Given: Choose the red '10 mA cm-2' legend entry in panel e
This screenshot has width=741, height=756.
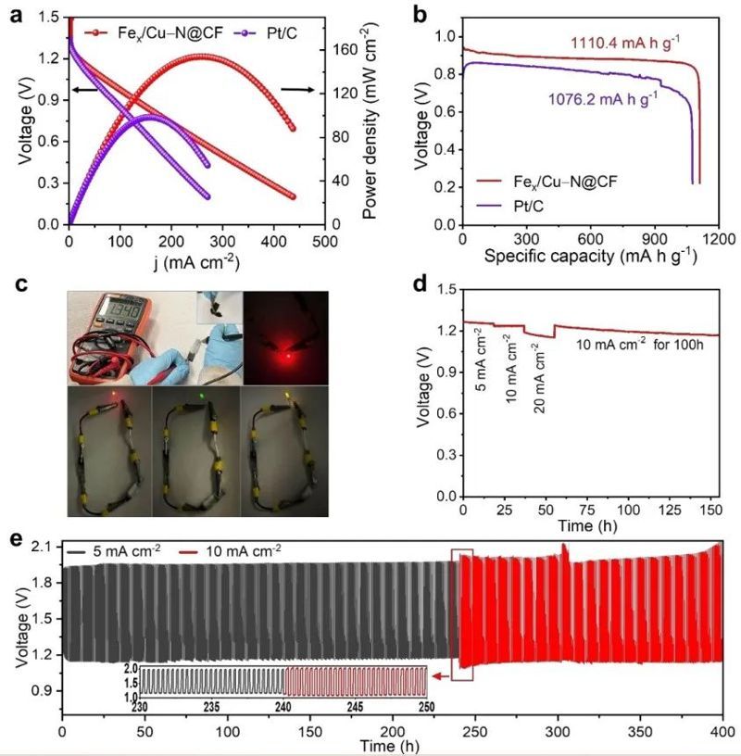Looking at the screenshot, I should pyautogui.click(x=242, y=549).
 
